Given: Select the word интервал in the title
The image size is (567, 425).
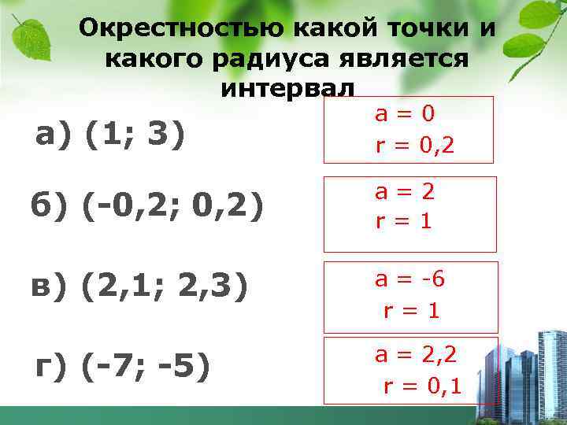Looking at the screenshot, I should (287, 86).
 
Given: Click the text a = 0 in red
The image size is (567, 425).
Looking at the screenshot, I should (404, 115).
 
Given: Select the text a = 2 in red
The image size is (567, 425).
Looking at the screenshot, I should (405, 192).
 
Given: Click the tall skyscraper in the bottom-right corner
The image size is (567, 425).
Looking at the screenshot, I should (549, 370).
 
